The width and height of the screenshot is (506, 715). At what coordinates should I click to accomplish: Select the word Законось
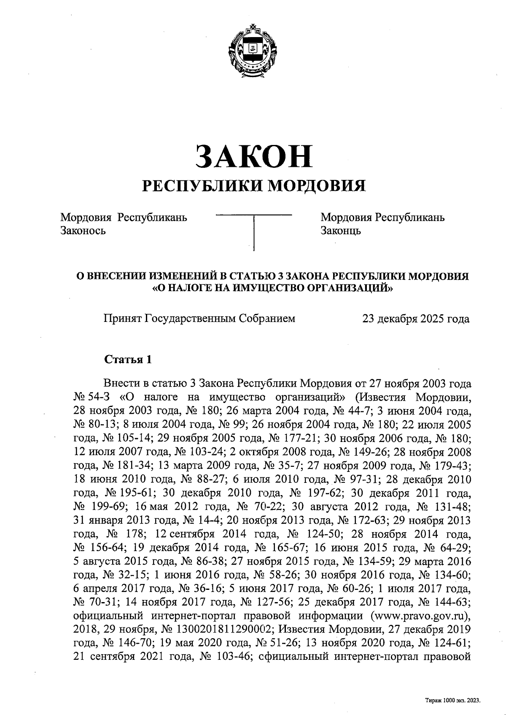(x=83, y=230)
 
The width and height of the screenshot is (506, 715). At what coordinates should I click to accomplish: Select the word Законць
(x=341, y=230)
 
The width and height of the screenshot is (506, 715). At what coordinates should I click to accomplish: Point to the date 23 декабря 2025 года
(x=415, y=319)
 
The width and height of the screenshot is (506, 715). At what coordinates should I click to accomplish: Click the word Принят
(x=123, y=319)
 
